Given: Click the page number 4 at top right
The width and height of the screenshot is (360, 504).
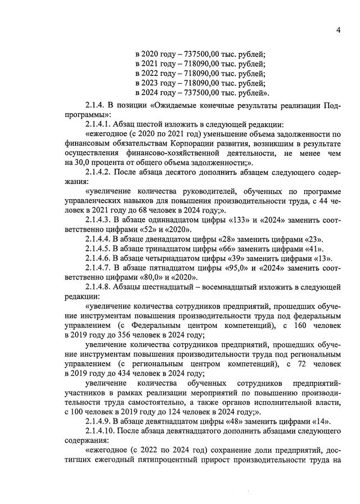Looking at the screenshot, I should pyautogui.click(x=339, y=30).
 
